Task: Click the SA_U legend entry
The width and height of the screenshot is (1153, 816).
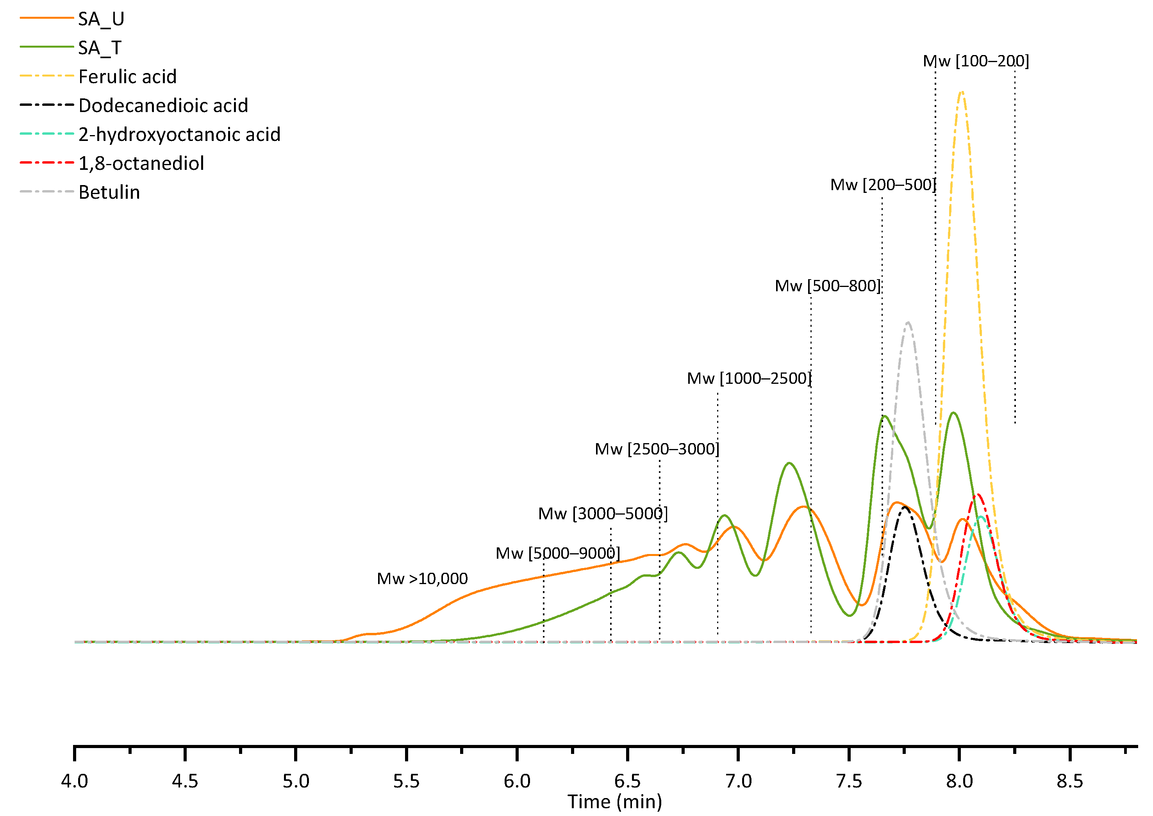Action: point(101,19)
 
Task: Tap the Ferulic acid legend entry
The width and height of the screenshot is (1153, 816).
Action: point(127,77)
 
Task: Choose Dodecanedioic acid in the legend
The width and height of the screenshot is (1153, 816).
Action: point(163,105)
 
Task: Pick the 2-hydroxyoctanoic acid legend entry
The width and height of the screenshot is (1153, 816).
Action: point(179,135)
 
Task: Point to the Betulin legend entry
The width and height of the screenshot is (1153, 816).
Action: point(109,192)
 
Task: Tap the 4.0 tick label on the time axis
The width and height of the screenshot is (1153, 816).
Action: point(74,781)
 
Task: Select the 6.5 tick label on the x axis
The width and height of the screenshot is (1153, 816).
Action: point(627,781)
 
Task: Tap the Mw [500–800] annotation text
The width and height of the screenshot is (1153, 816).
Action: point(827,286)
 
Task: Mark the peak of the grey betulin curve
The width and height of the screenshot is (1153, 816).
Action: point(908,322)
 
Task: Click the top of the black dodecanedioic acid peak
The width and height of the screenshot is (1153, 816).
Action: point(905,507)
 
